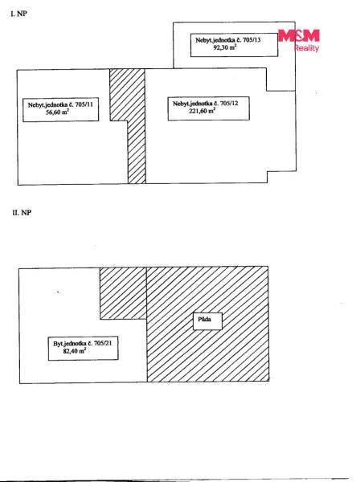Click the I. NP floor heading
(18, 14)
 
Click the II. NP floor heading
(22, 212)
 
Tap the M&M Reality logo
(299, 40)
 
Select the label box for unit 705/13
(234, 45)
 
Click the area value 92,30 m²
(225, 47)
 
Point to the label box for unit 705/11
(60, 109)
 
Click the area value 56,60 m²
(57, 112)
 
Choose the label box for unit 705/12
(208, 108)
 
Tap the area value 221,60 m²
(202, 111)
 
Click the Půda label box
(207, 321)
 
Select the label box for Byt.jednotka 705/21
(83, 349)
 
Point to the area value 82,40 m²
(75, 351)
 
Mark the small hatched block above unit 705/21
(123, 293)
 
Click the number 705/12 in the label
(229, 104)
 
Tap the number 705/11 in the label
(84, 104)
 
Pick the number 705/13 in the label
(252, 40)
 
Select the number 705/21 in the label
(103, 343)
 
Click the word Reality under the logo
(307, 48)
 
